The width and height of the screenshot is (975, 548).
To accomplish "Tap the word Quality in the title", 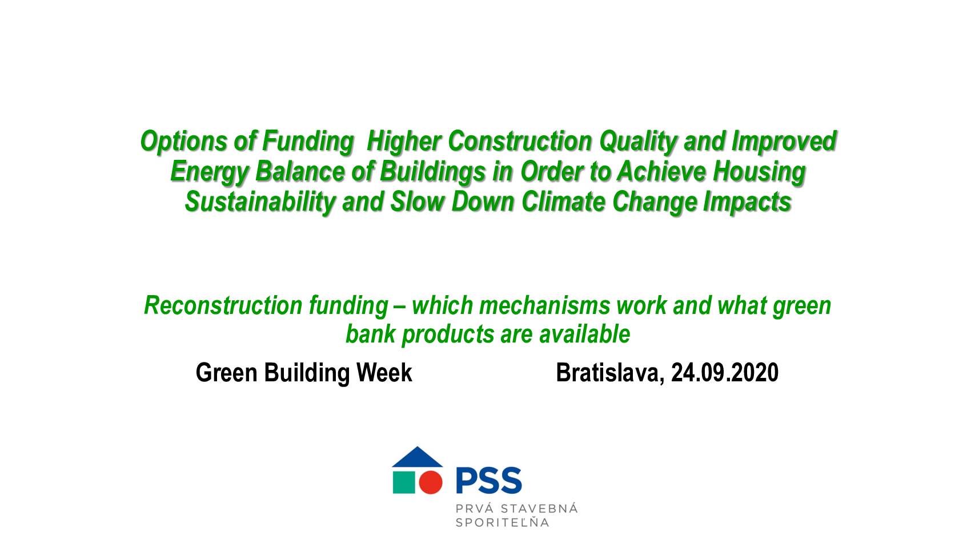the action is (638, 142).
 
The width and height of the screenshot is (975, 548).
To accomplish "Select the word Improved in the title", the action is (784, 142).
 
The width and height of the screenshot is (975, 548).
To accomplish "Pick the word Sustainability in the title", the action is (260, 203).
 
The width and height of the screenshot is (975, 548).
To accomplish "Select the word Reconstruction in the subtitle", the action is (223, 305).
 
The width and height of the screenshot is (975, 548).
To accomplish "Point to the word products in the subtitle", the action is (447, 335).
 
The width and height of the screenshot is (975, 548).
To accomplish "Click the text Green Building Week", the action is (304, 373).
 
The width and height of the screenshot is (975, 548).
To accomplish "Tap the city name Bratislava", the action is (610, 373).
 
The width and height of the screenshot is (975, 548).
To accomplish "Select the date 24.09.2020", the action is (725, 373).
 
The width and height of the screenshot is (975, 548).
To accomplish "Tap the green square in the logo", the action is (404, 482).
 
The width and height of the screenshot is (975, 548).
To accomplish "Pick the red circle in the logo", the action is (431, 482).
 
